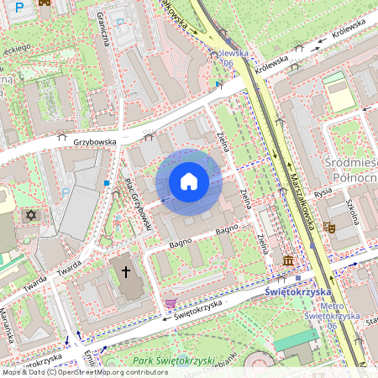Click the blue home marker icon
(x=189, y=181)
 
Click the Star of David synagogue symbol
(x=33, y=216)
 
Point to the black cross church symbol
(x=127, y=271)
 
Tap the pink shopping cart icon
(x=171, y=303)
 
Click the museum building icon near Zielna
(x=288, y=261)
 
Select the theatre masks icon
(x=331, y=227)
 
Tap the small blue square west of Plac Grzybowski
(x=107, y=182)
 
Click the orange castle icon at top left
(x=45, y=3)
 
